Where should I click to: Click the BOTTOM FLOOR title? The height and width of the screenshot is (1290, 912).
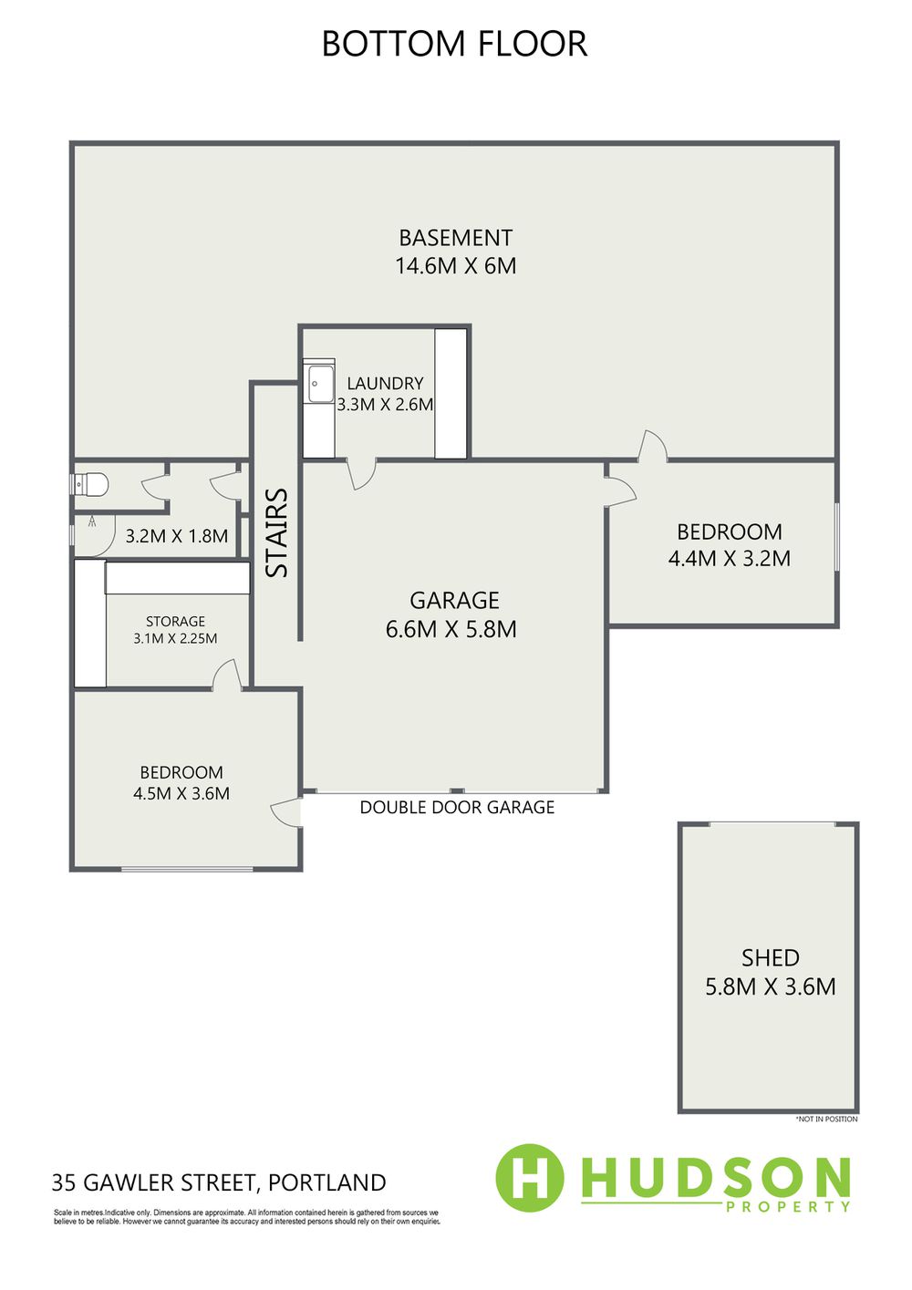pyautogui.click(x=454, y=44)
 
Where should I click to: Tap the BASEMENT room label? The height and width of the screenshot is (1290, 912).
pyautogui.click(x=455, y=237)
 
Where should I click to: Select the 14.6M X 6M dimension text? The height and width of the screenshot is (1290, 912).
pyautogui.click(x=455, y=266)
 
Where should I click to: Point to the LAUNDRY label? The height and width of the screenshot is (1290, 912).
pyautogui.click(x=385, y=383)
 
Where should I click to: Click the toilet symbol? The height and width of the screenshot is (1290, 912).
pyautogui.click(x=90, y=484)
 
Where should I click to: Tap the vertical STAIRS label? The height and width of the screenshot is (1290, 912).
pyautogui.click(x=277, y=532)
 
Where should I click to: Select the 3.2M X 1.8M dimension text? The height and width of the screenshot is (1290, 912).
pyautogui.click(x=176, y=536)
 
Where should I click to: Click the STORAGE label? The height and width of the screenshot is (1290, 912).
pyautogui.click(x=175, y=622)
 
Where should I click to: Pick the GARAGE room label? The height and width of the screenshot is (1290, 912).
pyautogui.click(x=454, y=600)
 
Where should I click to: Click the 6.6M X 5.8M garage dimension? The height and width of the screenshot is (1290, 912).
pyautogui.click(x=451, y=629)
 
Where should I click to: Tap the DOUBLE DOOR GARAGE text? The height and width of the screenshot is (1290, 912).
pyautogui.click(x=457, y=807)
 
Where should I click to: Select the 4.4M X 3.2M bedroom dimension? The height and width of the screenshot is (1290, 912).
pyautogui.click(x=730, y=558)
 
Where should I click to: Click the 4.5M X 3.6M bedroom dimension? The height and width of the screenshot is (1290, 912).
pyautogui.click(x=181, y=793)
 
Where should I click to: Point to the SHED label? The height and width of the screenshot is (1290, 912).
pyautogui.click(x=771, y=958)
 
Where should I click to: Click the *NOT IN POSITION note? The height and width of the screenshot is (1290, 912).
pyautogui.click(x=827, y=1119)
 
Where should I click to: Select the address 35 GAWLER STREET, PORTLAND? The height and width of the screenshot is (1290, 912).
pyautogui.click(x=219, y=1182)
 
